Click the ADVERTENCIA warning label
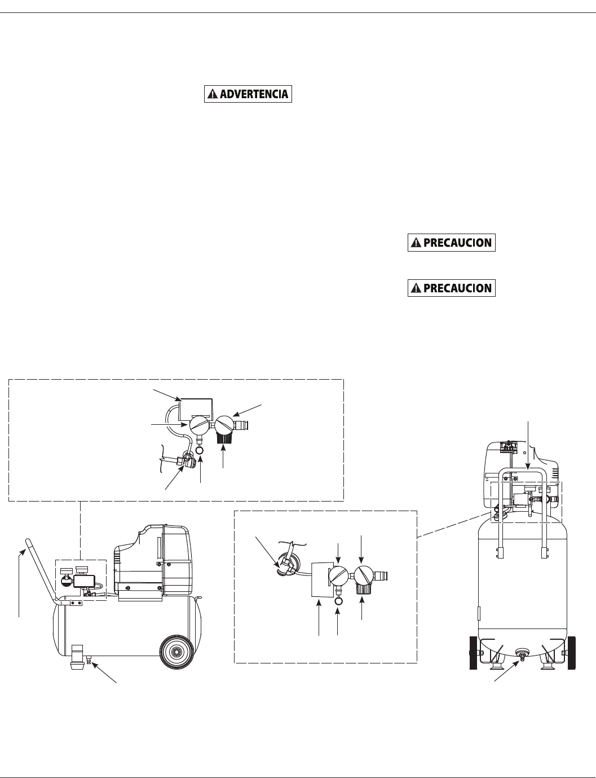pos(248,94)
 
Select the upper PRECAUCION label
pos(452,243)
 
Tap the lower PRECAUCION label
pos(452,288)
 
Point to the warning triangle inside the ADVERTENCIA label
pos(212,94)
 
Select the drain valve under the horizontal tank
pos(88,658)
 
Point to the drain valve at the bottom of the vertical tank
pos(522,656)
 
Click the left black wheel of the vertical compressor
pos(473,653)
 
